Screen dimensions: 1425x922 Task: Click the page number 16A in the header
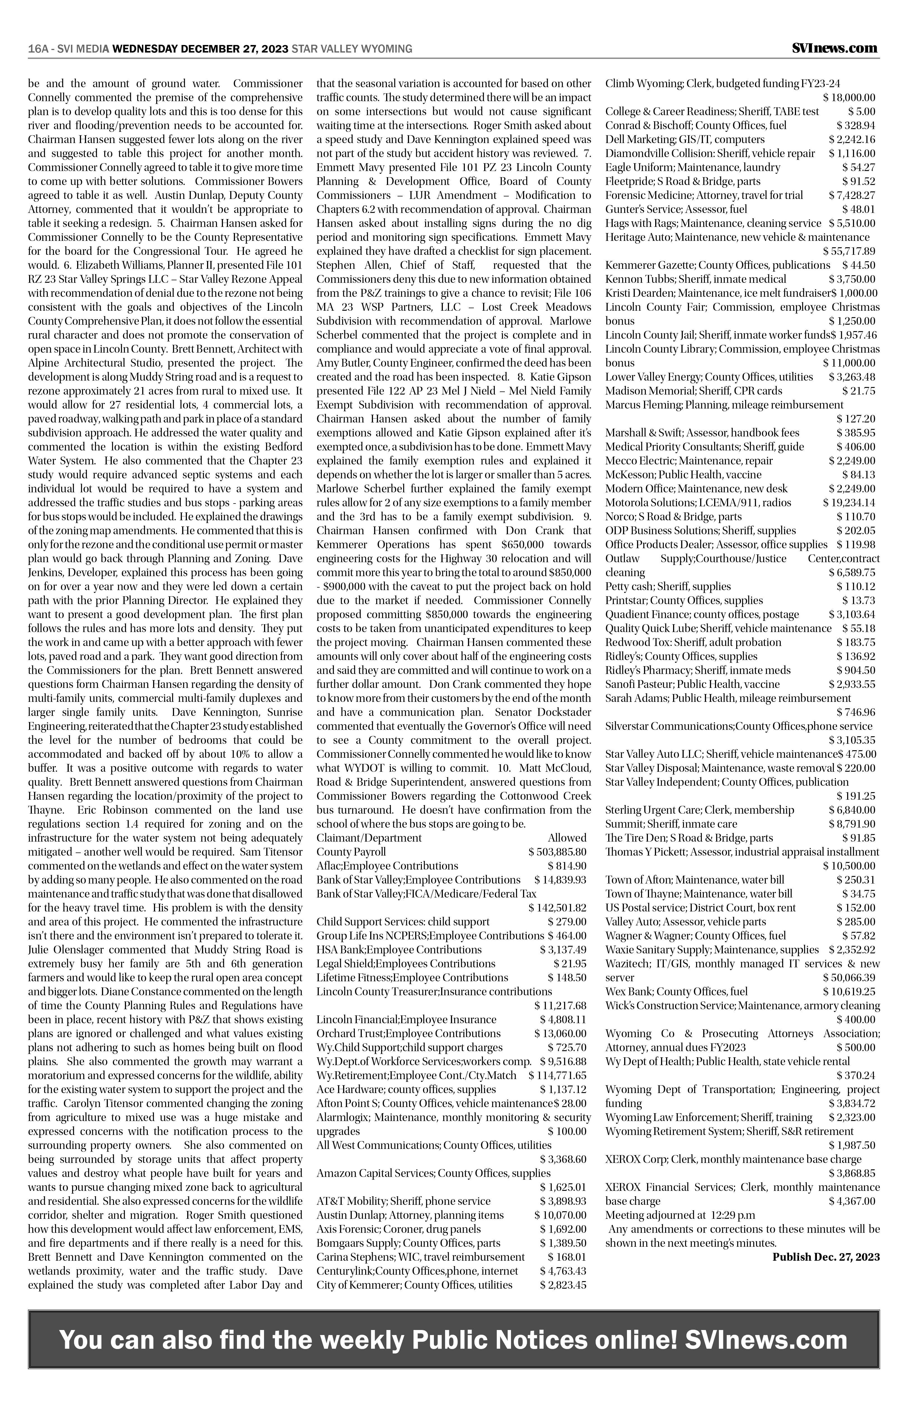pyautogui.click(x=38, y=49)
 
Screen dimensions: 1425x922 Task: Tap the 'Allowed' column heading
pyautogui.click(x=567, y=838)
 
